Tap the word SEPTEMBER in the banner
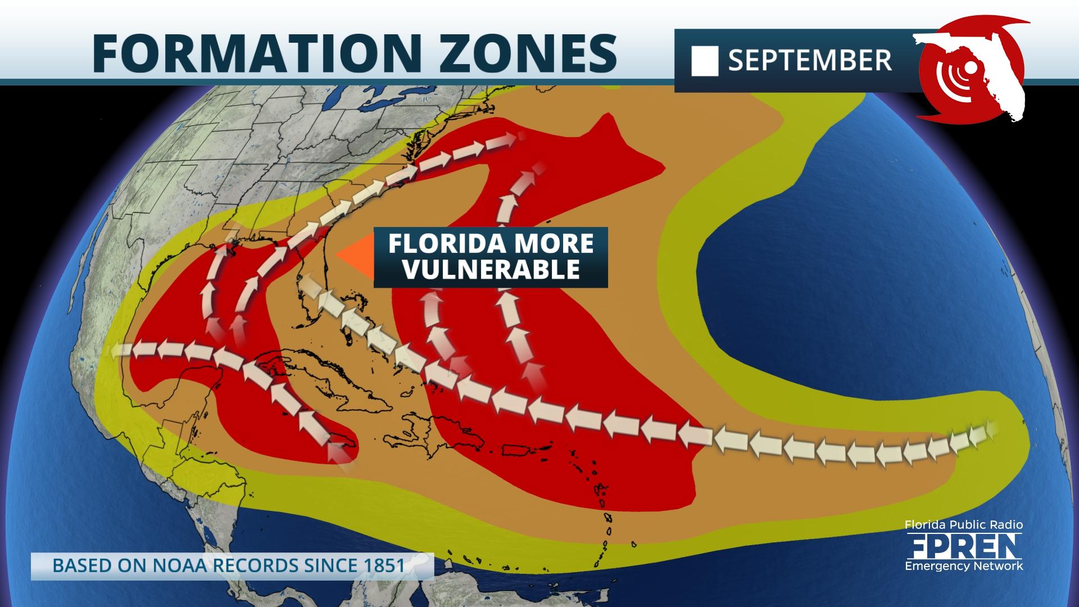coord(810,61)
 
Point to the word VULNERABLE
coord(491,270)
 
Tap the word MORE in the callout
coord(554,244)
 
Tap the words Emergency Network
coord(963,566)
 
